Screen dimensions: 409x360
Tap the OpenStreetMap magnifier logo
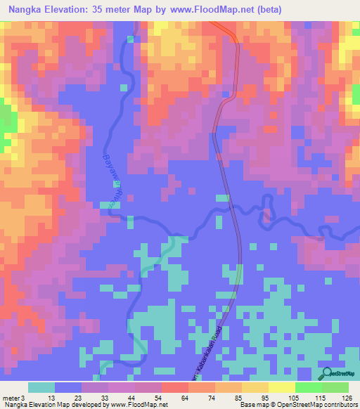327,373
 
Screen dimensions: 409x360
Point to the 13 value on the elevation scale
51,398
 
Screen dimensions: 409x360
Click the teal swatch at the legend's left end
41,387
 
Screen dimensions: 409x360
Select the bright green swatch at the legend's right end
335,387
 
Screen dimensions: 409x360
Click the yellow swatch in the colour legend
281,387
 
